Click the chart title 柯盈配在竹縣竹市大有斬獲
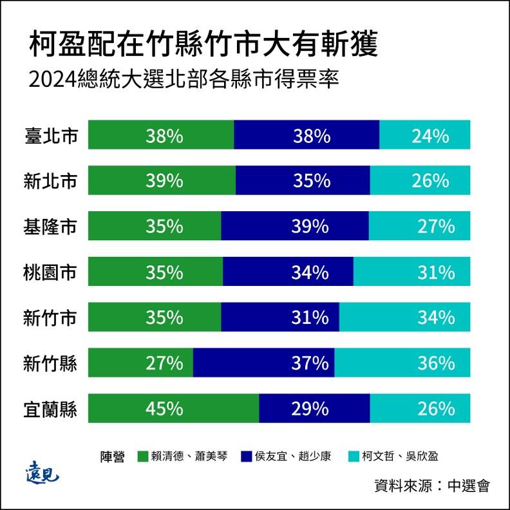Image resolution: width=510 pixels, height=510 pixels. pos(203,46)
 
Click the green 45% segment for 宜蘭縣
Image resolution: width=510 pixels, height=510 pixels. pos(173,409)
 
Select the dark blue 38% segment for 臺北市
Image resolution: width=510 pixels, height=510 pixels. pos(307,136)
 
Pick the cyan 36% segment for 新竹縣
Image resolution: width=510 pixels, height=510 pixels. pos(402,364)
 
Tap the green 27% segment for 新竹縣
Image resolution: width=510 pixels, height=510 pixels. pos(140,364)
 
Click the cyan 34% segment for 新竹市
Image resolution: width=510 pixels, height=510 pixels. pos(405,318)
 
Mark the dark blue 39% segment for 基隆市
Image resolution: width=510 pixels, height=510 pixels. pos(295,227)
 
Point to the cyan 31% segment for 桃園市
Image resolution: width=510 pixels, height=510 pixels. pos(412,272)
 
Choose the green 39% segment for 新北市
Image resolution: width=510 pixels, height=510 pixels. pos(162,181)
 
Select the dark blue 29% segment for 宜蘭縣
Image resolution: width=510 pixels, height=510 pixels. pos(314,409)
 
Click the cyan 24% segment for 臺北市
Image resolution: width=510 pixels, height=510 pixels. pos(425,136)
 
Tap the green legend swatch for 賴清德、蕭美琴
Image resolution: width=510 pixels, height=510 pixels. pos(144,456)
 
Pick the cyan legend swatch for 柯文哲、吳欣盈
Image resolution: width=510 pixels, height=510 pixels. pos(353,456)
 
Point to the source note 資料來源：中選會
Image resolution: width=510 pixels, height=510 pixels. pos(432,485)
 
